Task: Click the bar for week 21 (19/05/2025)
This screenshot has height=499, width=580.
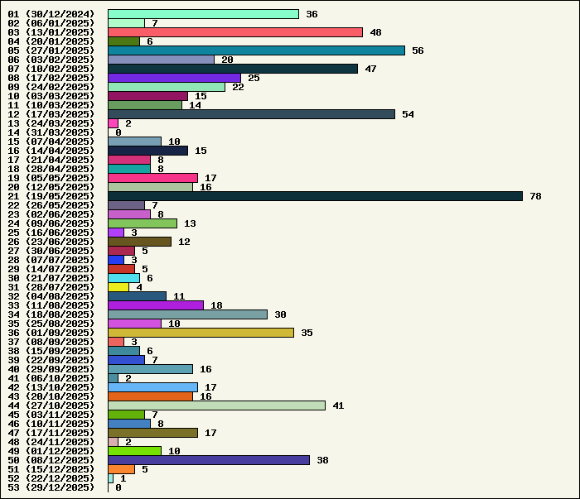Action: pos(315,196)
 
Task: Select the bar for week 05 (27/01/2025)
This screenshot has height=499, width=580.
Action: pos(256,50)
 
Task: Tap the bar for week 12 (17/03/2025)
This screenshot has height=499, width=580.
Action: pos(251,114)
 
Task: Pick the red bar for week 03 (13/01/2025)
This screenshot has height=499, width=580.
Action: pos(235,32)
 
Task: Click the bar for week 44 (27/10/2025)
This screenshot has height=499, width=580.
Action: pos(216,405)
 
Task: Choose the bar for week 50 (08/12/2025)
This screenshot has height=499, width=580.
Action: pos(209,460)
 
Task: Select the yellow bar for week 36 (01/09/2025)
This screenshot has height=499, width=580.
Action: pos(201,333)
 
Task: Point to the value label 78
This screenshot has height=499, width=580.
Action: pos(535,196)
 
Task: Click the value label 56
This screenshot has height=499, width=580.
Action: pos(418,50)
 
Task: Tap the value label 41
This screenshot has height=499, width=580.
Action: pos(338,405)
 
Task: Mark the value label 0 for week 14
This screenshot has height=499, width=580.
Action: pos(118,132)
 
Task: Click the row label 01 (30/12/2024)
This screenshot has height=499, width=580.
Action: pos(51,14)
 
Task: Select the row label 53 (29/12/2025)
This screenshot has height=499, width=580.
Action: pos(51,487)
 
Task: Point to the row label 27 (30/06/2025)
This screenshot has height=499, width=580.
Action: pos(51,251)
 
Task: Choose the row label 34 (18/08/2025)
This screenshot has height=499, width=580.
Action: pos(51,314)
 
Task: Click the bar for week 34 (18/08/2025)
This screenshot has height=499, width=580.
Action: pos(187,314)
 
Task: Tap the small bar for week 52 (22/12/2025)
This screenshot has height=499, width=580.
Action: pos(110,478)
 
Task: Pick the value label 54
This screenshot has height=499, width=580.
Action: pos(408,114)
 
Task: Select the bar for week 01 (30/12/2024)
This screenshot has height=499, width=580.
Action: pos(203,14)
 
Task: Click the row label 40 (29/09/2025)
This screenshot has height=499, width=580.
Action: pos(51,369)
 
